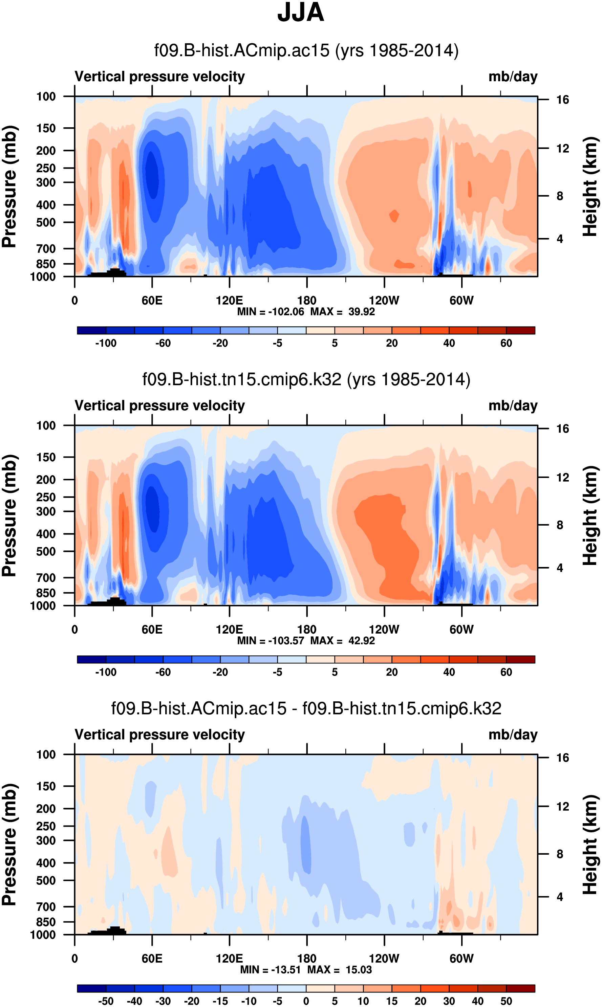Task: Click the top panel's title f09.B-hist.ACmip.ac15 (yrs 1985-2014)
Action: pyautogui.click(x=306, y=51)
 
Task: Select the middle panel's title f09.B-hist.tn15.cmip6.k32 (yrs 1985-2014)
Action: pyautogui.click(x=306, y=379)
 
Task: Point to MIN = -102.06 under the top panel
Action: pyautogui.click(x=271, y=312)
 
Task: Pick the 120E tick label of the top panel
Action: pyautogui.click(x=229, y=301)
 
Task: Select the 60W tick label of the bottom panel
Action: pyautogui.click(x=461, y=958)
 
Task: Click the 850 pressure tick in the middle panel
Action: pyautogui.click(x=46, y=593)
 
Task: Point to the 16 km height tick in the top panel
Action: pyautogui.click(x=562, y=100)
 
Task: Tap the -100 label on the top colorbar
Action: pyautogui.click(x=106, y=343)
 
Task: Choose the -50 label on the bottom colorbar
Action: pyautogui.click(x=106, y=1001)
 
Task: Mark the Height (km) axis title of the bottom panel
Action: pyautogui.click(x=590, y=845)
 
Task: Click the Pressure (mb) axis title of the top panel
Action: pyautogui.click(x=9, y=187)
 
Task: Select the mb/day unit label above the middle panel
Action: pyautogui.click(x=513, y=406)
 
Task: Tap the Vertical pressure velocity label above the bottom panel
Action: pyautogui.click(x=160, y=735)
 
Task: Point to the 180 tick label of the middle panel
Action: pyautogui.click(x=307, y=630)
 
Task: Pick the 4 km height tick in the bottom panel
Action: pyautogui.click(x=560, y=897)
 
